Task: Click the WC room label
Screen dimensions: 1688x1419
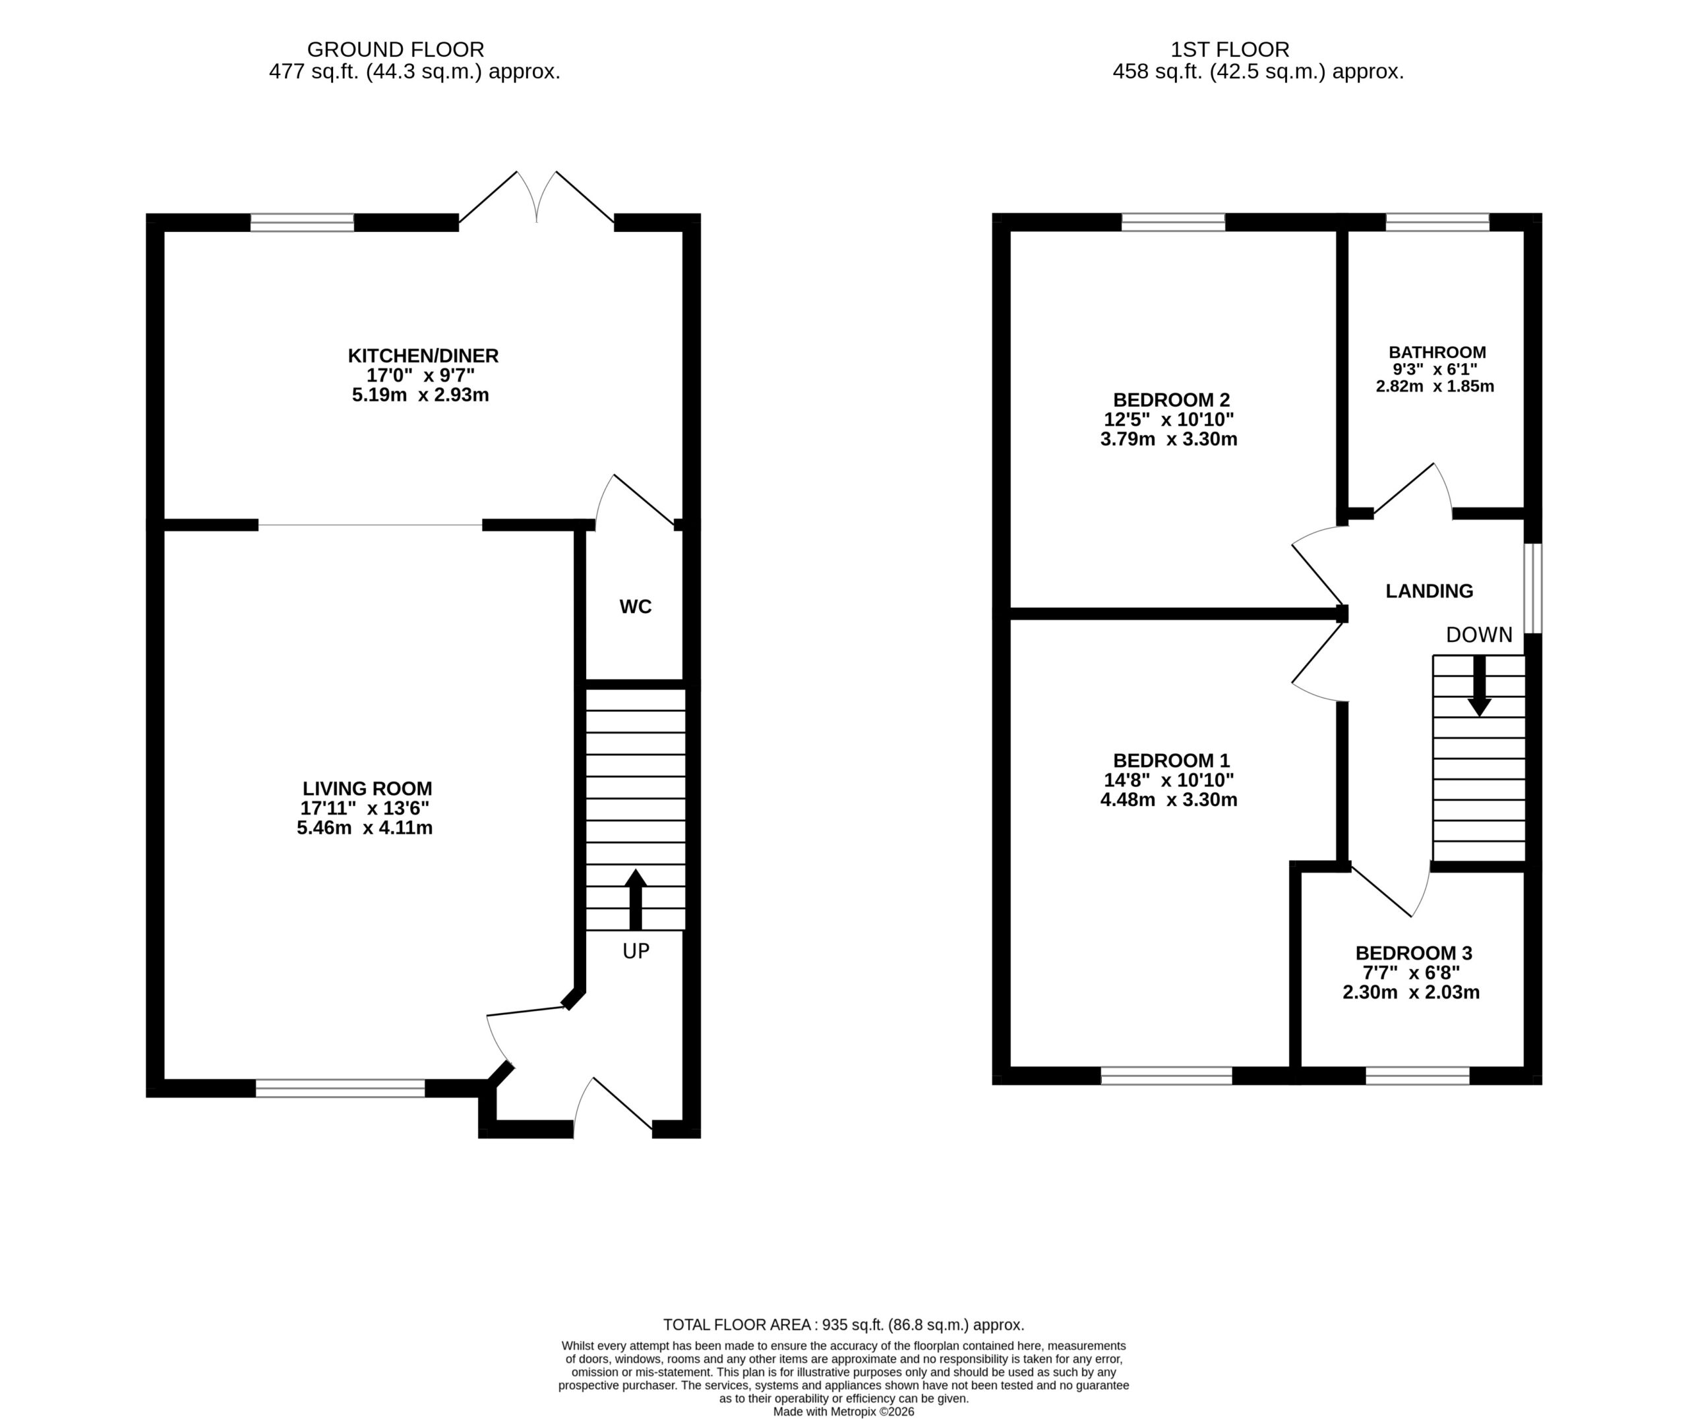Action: coord(635,606)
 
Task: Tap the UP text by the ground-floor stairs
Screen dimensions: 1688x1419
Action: coord(636,951)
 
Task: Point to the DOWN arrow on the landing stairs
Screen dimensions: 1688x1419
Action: coord(1479,685)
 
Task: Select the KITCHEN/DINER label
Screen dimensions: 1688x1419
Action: coord(423,355)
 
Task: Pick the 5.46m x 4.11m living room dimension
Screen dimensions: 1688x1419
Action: coord(365,828)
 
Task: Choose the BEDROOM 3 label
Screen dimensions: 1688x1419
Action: coord(1414,953)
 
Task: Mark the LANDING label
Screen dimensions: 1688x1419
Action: coord(1429,591)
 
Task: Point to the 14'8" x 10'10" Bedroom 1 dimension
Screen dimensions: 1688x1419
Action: coord(1168,780)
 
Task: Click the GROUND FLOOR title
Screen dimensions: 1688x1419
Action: coord(396,50)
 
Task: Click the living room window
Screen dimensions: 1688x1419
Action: coord(340,1088)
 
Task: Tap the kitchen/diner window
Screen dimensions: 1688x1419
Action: coord(302,222)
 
